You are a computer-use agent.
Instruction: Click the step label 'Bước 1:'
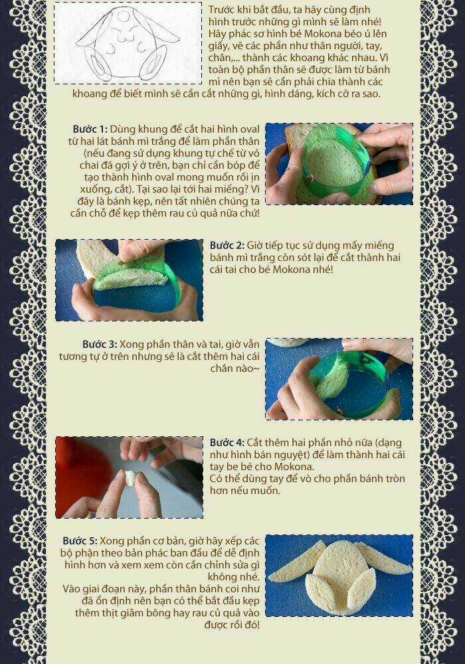tap(90, 129)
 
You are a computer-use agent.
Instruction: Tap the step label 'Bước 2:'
tap(227, 245)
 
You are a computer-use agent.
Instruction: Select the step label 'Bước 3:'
tap(100, 344)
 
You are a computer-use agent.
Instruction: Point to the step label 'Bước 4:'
tap(227, 442)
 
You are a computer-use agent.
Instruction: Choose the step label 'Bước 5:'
tap(80, 540)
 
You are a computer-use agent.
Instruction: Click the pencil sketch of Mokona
tap(128, 44)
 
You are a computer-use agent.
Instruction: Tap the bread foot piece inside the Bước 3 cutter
tap(332, 379)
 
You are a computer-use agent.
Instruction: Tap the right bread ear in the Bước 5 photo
tap(383, 558)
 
